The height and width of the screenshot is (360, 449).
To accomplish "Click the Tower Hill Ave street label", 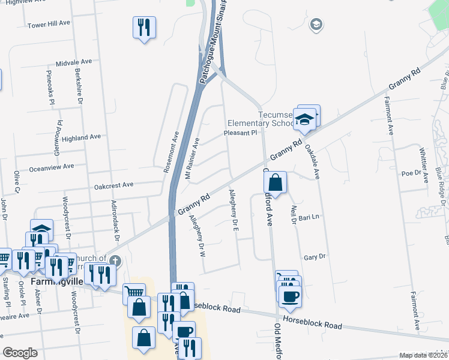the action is (49, 25).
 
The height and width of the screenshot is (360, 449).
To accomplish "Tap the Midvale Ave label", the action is (73, 62).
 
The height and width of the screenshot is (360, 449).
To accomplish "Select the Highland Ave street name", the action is (81, 137).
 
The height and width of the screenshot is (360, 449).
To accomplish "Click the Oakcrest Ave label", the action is (113, 185).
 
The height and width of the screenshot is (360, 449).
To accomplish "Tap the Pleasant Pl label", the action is (240, 133).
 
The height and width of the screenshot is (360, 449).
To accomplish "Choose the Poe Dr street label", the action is (411, 173).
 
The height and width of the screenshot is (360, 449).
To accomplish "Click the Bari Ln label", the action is (308, 216).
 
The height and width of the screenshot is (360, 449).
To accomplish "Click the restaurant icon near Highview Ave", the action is (144, 27).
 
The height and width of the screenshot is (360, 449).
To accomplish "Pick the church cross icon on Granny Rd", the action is (116, 261).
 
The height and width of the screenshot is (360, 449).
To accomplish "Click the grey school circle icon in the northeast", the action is (315, 25).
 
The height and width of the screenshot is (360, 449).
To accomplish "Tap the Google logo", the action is (20, 353).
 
